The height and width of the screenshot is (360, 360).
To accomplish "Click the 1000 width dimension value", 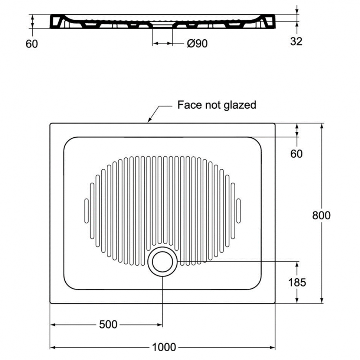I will coord(164,347).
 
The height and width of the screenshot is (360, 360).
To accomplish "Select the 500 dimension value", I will coord(108,325).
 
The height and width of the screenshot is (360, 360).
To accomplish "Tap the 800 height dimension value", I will coord(321,215).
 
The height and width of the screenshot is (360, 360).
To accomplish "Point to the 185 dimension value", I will coord(297,282).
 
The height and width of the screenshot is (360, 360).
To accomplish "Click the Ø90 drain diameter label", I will coord(197,44).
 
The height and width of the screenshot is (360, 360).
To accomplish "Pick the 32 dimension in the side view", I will coord(296,41).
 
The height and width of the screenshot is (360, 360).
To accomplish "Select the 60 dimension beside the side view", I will coord(32,44).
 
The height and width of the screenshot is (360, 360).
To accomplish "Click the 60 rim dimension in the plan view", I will coord(297,153).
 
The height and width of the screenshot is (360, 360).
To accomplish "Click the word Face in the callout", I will coord(189,105).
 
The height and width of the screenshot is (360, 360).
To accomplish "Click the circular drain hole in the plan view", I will coord(163,262).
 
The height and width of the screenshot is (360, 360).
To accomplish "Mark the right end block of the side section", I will coord(269,22).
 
